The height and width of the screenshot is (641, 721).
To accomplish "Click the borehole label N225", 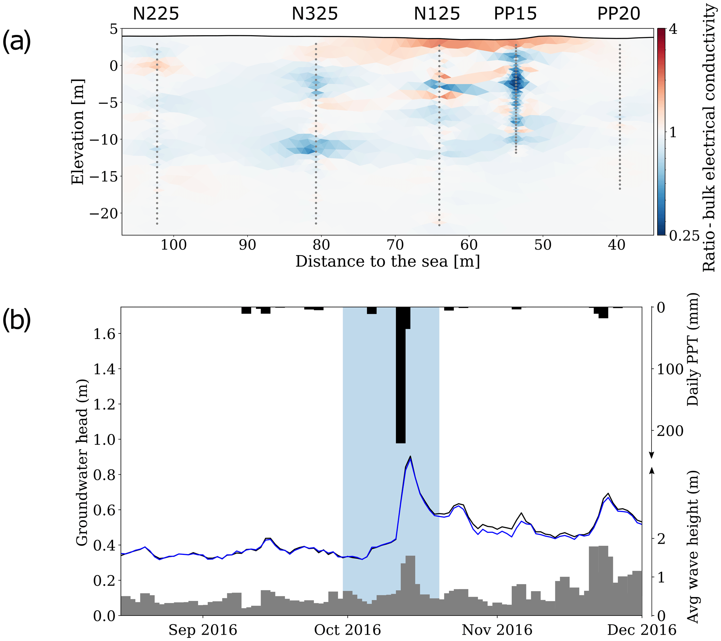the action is (x=156, y=14).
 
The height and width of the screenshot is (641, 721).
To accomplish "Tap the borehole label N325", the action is (x=315, y=14).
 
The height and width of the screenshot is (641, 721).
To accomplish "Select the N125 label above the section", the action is (x=437, y=14).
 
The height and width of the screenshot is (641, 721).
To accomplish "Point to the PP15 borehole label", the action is (x=515, y=14).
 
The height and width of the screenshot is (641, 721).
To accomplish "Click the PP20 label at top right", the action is (x=619, y=14).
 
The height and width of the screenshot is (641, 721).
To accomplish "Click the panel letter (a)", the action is (x=17, y=41).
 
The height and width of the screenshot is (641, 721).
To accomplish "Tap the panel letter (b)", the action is (x=17, y=320).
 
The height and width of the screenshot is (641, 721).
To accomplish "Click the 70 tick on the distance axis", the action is (x=395, y=245).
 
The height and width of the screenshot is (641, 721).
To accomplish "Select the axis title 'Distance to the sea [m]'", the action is (x=388, y=262).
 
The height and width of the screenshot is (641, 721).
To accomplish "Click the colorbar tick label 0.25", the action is (x=684, y=235).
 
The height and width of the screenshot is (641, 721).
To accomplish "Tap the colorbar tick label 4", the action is (x=673, y=29).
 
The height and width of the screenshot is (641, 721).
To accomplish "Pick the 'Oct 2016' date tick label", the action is (x=347, y=630).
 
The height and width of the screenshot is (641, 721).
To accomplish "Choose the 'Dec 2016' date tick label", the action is (x=641, y=630).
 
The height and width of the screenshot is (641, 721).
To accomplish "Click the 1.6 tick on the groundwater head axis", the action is (x=104, y=333).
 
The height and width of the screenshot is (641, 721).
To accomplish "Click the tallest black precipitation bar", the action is (x=401, y=375).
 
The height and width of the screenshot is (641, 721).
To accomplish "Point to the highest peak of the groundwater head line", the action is (x=410, y=456).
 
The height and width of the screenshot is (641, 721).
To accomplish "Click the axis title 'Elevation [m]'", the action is (x=77, y=131).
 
